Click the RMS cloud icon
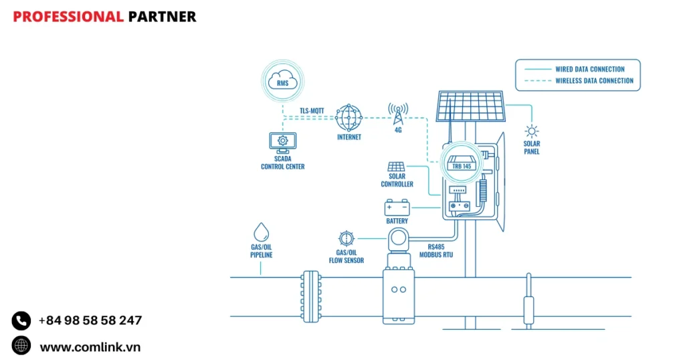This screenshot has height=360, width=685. pos(282,82)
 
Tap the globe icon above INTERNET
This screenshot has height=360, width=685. pos(349,118)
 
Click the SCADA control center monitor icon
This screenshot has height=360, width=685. pos(282,141)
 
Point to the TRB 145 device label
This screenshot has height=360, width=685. pos(462,165)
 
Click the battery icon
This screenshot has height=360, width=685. pos(397,207)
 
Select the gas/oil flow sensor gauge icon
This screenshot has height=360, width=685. pos(346,238)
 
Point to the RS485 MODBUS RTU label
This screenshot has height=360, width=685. pos(431,250)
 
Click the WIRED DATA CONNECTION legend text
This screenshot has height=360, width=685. pos(589,69)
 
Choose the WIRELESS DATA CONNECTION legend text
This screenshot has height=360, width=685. pos(594,81)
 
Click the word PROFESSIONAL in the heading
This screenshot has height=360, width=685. pos(68,17)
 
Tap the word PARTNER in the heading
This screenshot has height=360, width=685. pos(162,17)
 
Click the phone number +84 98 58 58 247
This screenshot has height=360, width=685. pos(90,321)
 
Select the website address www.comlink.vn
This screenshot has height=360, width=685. pos(90,347)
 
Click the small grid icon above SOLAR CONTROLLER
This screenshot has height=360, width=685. pos(396,167)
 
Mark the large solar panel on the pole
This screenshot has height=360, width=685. pos(470,107)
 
